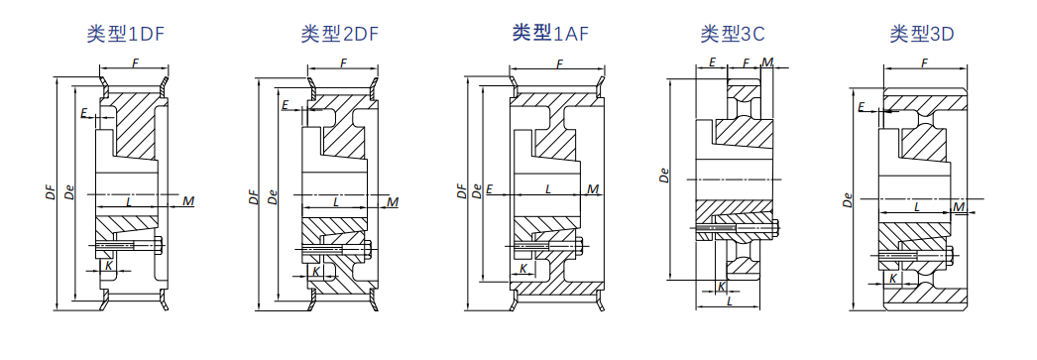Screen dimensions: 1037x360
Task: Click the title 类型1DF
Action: [x=125, y=34]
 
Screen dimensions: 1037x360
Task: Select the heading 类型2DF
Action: [x=340, y=34]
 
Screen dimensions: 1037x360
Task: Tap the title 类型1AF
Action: [x=550, y=33]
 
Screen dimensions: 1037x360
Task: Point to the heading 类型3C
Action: [x=733, y=34]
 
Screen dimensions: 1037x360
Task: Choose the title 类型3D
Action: [x=922, y=34]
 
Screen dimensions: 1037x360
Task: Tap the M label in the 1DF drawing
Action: [x=188, y=200]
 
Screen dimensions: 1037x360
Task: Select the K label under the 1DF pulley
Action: [x=109, y=264]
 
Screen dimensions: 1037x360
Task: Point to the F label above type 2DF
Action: [x=343, y=62]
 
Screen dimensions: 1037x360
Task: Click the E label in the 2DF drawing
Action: [x=286, y=104]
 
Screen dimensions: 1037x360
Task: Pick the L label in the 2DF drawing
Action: [x=336, y=200]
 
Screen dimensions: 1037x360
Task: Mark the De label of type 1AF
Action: [x=477, y=191]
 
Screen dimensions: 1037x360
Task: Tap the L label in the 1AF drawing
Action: [x=548, y=189]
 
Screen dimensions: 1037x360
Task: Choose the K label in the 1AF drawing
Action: [x=523, y=268]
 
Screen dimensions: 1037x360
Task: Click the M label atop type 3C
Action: [x=767, y=62]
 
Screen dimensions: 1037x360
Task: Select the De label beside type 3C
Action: [x=664, y=176]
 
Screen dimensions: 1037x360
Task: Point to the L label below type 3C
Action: [x=730, y=300]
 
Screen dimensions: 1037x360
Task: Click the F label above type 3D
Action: [x=925, y=62]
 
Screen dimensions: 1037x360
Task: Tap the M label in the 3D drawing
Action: [x=959, y=208]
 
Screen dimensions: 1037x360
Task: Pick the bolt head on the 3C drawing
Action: [x=775, y=228]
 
